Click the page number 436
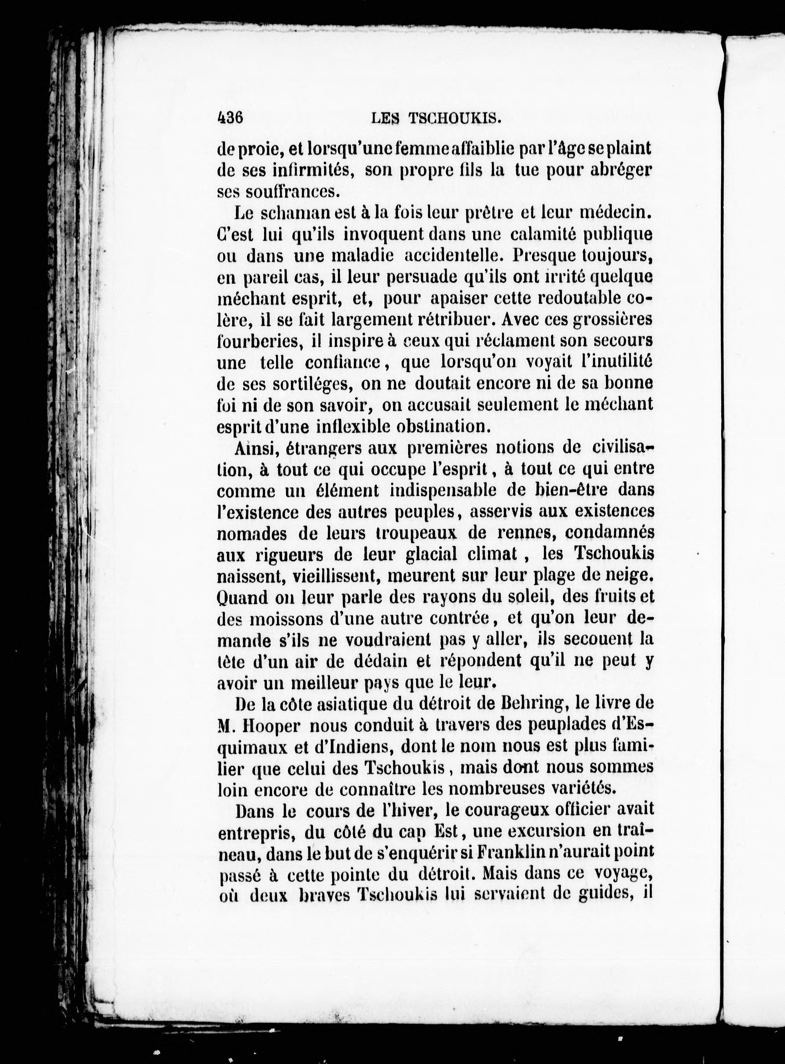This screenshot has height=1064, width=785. point(230,117)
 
